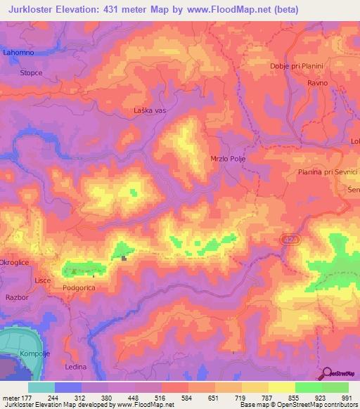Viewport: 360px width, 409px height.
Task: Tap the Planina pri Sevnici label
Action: [328, 172]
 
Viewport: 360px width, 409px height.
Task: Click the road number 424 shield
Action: [290, 240]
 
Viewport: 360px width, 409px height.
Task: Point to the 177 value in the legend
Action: [26, 398]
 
